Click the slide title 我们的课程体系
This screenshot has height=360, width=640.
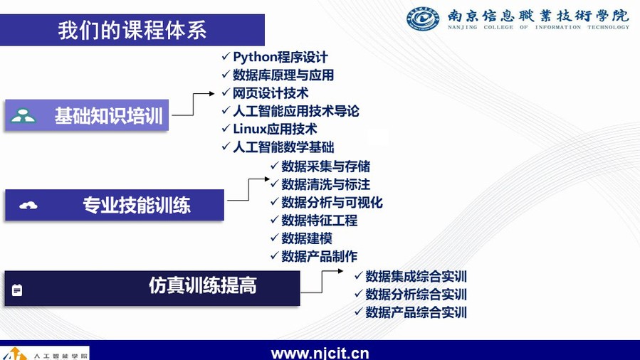pyautogui.click(x=132, y=30)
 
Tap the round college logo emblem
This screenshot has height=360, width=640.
pyautogui.click(x=423, y=18)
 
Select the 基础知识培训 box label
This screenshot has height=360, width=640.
pyautogui.click(x=109, y=115)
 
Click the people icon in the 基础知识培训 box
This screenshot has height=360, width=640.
pyautogui.click(x=23, y=116)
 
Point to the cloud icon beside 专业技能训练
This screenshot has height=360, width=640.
pyautogui.click(x=28, y=205)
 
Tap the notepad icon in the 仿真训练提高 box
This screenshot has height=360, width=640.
pyautogui.click(x=17, y=290)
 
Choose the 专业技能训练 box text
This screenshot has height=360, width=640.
pyautogui.click(x=137, y=205)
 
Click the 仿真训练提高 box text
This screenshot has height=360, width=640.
pyautogui.click(x=202, y=285)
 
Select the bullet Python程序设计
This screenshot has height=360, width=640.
pyautogui.click(x=280, y=57)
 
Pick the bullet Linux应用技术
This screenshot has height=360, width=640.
pyautogui.click(x=275, y=129)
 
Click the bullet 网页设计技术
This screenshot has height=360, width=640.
pyautogui.click(x=271, y=93)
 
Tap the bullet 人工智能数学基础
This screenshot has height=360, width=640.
pyautogui.click(x=283, y=147)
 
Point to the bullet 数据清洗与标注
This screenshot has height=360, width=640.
pyautogui.click(x=326, y=184)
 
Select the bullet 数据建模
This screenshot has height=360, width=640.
pyautogui.click(x=307, y=238)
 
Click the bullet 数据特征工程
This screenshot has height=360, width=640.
pyautogui.click(x=319, y=220)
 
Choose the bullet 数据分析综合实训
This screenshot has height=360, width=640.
pyautogui.click(x=416, y=295)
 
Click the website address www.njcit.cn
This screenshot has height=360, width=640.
pyautogui.click(x=320, y=353)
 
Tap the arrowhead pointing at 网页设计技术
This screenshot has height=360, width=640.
pyautogui.click(x=212, y=93)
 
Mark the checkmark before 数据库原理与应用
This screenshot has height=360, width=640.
pyautogui.click(x=226, y=74)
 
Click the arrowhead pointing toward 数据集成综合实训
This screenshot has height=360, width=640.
pyautogui.click(x=340, y=271)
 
